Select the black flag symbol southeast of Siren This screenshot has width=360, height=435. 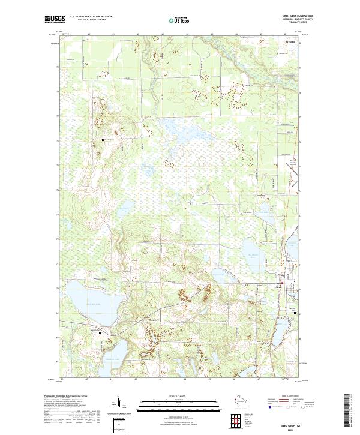tap(294, 312)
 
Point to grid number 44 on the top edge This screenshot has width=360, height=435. tap(188, 35)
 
